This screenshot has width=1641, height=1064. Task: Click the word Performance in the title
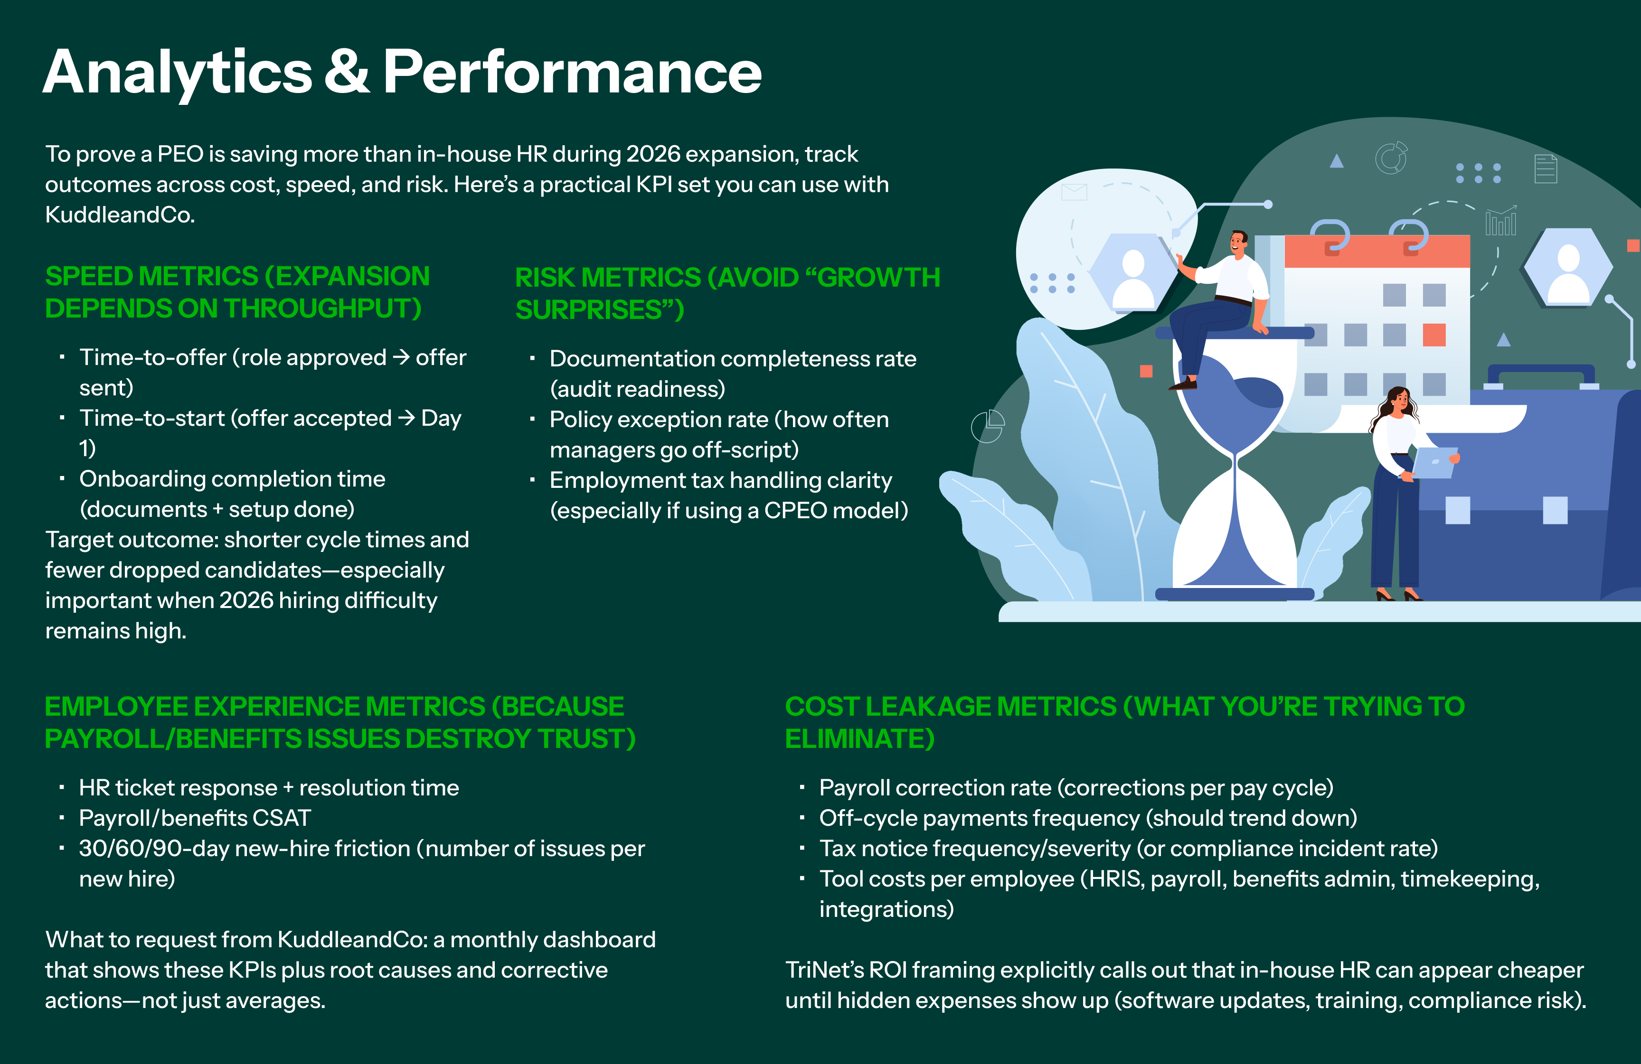pos(572,72)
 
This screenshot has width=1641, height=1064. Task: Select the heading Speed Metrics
pos(237,292)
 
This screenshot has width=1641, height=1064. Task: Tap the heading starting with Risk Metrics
pos(727,294)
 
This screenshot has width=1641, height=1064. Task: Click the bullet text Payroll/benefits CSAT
pos(195,818)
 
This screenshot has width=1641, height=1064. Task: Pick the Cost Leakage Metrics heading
pos(1124,722)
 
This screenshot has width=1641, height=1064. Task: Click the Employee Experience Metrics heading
pos(340,722)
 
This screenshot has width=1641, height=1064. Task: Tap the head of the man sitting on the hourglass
pos(1238,242)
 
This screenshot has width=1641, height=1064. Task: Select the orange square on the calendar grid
pos(1434,335)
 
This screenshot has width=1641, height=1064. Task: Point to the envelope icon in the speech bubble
pos(1074,192)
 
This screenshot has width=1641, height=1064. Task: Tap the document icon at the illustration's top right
pos(1545,169)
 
